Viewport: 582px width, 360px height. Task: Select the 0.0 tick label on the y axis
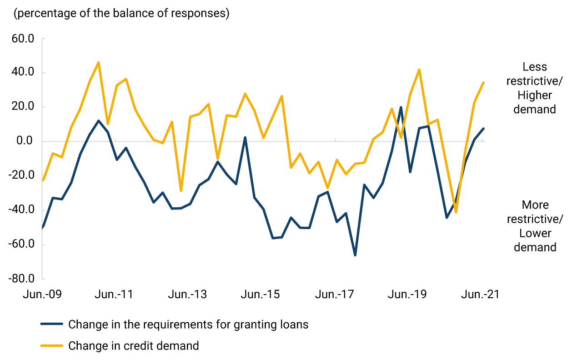pyautogui.click(x=25, y=141)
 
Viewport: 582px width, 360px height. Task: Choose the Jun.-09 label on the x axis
pyautogui.click(x=42, y=295)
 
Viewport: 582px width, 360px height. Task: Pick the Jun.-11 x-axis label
pyautogui.click(x=114, y=295)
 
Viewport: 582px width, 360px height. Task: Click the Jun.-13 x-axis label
pyautogui.click(x=187, y=295)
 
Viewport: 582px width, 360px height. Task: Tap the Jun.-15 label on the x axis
pyautogui.click(x=261, y=295)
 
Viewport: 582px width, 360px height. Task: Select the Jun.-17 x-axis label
pyautogui.click(x=334, y=295)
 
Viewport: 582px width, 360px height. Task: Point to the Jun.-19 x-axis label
pyautogui.click(x=407, y=295)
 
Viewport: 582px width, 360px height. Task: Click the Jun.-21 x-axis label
pyautogui.click(x=480, y=295)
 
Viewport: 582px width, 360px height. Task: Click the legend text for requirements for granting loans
pyautogui.click(x=188, y=325)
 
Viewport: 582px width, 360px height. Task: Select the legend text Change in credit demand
pyautogui.click(x=134, y=346)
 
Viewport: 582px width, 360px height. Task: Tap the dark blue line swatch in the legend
pyautogui.click(x=51, y=325)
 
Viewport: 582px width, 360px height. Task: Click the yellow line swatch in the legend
pyautogui.click(x=51, y=346)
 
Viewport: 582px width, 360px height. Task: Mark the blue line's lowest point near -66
pyautogui.click(x=355, y=255)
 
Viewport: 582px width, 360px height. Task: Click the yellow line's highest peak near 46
pyautogui.click(x=99, y=62)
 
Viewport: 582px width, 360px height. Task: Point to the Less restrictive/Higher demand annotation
pyautogui.click(x=535, y=88)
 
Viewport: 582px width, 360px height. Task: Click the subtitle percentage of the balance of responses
pyautogui.click(x=122, y=14)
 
